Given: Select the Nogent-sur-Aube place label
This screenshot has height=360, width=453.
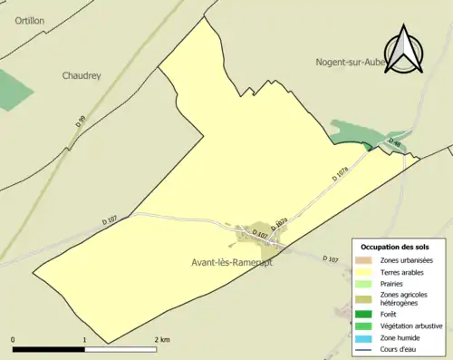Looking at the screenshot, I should click(x=351, y=63).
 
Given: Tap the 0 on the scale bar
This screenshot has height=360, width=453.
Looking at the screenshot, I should click(x=13, y=339).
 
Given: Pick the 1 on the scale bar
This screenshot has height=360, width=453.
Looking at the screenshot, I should click(x=85, y=339).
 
